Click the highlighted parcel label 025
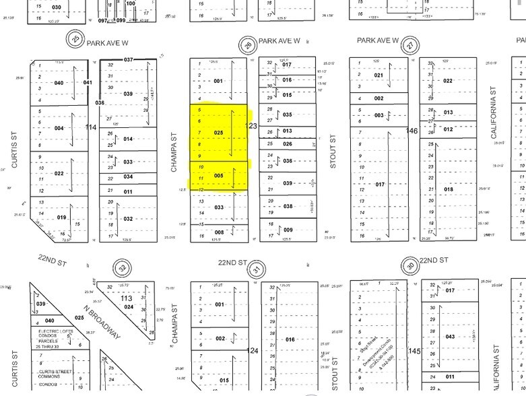pos(218,133)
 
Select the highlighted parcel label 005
pos(218,175)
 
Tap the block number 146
pos(414,132)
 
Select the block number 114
pos(92,127)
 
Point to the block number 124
pos(253,351)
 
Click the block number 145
pos(414,351)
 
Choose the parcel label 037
pos(129,60)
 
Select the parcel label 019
pos(61,218)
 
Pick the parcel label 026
pos(287,143)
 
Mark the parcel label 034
pos(128,178)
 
